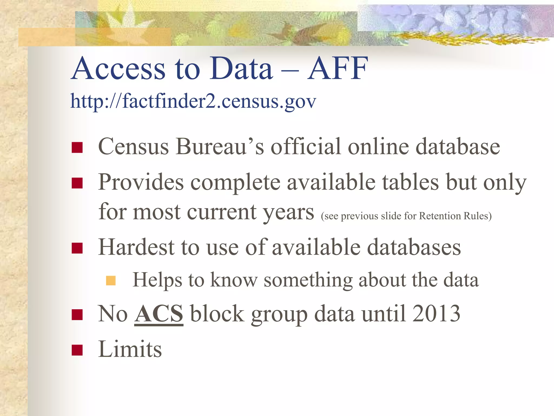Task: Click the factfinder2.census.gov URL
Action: pyautogui.click(x=193, y=101)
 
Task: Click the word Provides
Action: pyautogui.click(x=141, y=182)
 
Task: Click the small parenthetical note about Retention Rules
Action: pyautogui.click(x=406, y=216)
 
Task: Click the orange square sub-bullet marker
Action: pyautogui.click(x=111, y=281)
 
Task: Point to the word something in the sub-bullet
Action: pyautogui.click(x=308, y=280)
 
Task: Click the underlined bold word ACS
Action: pyautogui.click(x=159, y=314)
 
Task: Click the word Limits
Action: pyautogui.click(x=130, y=349)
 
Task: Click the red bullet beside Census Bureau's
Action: pyautogui.click(x=77, y=148)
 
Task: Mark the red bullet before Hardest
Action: pyautogui.click(x=77, y=248)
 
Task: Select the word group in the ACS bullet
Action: pyautogui.click(x=279, y=314)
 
